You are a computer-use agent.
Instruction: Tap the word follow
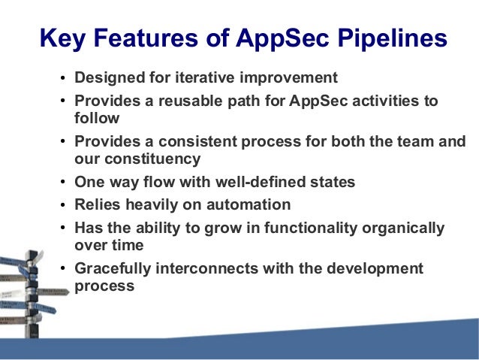(97, 118)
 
